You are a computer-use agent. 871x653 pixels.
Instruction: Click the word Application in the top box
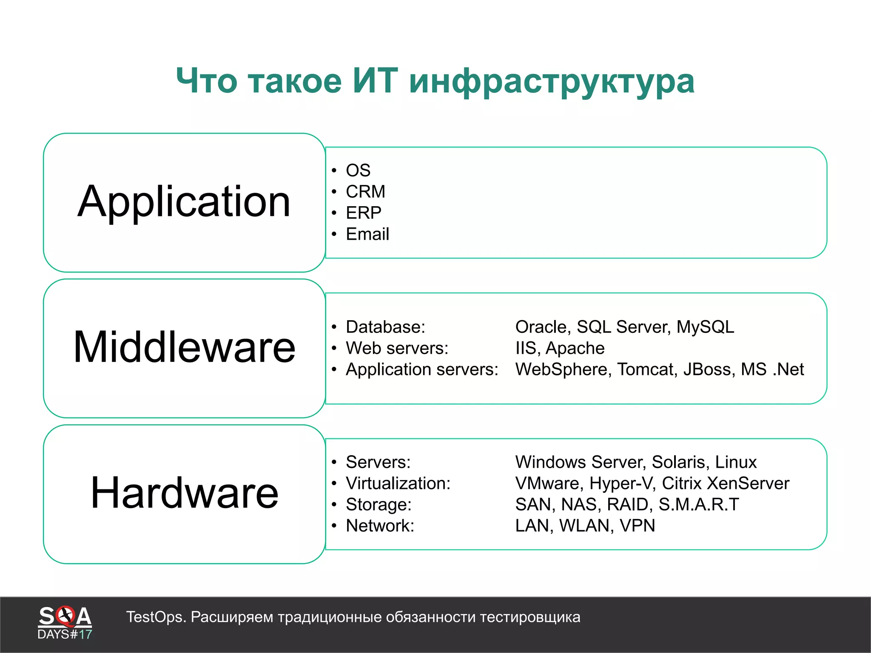click(184, 202)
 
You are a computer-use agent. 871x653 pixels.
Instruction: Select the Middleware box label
click(184, 347)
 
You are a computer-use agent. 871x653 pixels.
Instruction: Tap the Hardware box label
click(184, 493)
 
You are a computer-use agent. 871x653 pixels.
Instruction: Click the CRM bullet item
click(365, 192)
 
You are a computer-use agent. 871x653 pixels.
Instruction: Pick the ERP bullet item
click(364, 213)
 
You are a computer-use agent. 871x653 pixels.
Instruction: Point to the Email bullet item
click(367, 234)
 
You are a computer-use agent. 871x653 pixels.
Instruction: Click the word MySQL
click(705, 327)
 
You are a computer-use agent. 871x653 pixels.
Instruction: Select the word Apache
click(575, 348)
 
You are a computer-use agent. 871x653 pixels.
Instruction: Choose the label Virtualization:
click(398, 483)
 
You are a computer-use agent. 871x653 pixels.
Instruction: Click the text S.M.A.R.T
click(699, 505)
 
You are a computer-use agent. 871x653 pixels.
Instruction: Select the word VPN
click(637, 526)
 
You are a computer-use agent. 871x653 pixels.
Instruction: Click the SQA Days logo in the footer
click(65, 622)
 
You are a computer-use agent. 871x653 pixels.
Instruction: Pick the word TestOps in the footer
click(155, 617)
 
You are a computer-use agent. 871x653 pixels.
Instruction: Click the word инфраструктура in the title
click(552, 82)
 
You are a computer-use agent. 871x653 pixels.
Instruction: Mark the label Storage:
click(379, 505)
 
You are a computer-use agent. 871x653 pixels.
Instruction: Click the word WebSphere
click(563, 369)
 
